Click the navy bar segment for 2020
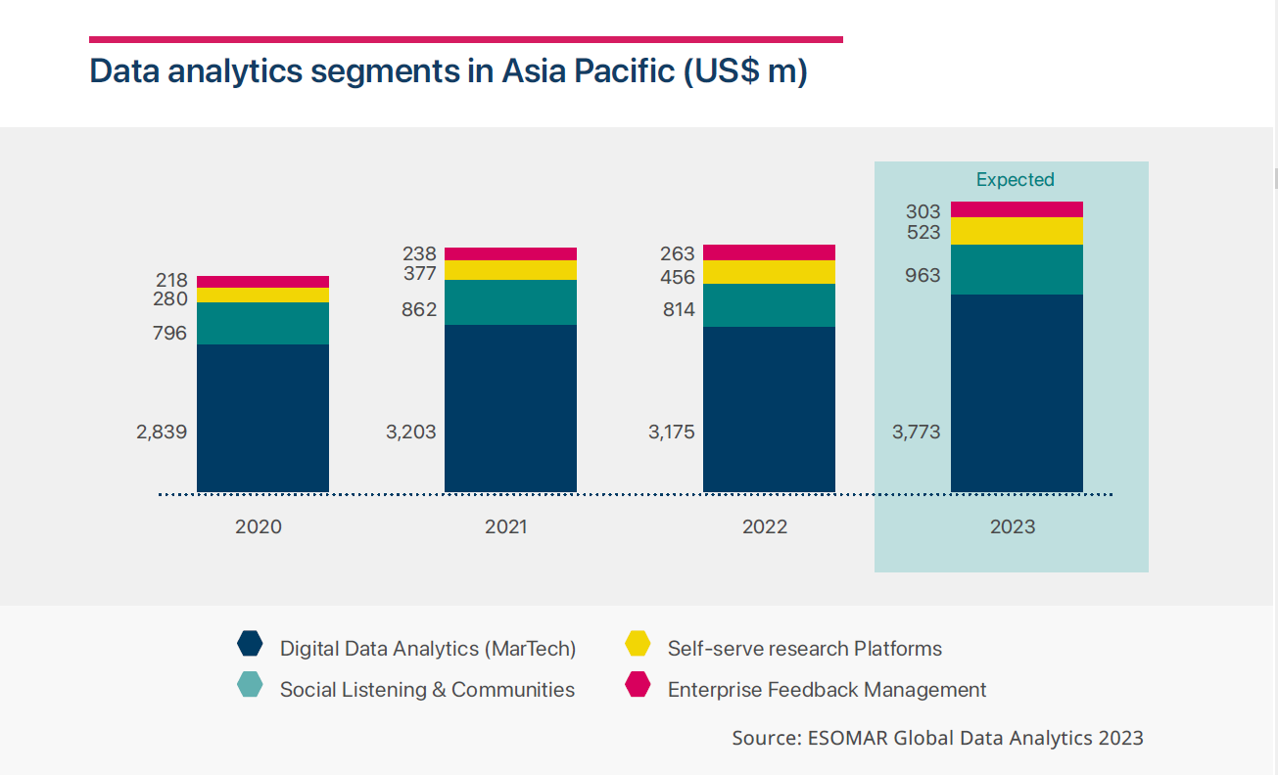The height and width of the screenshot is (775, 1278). (x=262, y=418)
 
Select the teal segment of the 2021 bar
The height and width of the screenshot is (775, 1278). (x=510, y=302)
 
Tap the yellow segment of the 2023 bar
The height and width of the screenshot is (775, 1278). (x=1017, y=231)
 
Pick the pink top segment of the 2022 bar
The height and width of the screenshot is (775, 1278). (x=769, y=252)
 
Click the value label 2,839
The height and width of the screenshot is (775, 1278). (x=162, y=432)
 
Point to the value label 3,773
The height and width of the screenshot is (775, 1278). (x=916, y=432)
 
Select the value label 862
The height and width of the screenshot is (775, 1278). (x=419, y=310)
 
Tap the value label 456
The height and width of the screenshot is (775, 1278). (x=678, y=277)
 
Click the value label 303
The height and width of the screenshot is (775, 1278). (x=923, y=211)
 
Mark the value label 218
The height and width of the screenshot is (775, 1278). (x=171, y=280)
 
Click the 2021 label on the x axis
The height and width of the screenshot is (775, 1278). (x=505, y=526)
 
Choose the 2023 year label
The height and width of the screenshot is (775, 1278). (x=1012, y=526)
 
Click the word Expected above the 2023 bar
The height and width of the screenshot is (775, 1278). (x=1015, y=180)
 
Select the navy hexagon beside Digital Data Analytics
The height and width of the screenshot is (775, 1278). (x=251, y=644)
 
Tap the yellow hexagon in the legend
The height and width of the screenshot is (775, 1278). (x=638, y=644)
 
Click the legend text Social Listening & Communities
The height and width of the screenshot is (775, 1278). (x=427, y=690)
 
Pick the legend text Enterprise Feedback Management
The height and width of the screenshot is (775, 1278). (x=827, y=690)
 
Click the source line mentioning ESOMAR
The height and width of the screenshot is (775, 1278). (x=937, y=738)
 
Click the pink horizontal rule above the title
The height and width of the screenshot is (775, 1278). (x=465, y=39)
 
